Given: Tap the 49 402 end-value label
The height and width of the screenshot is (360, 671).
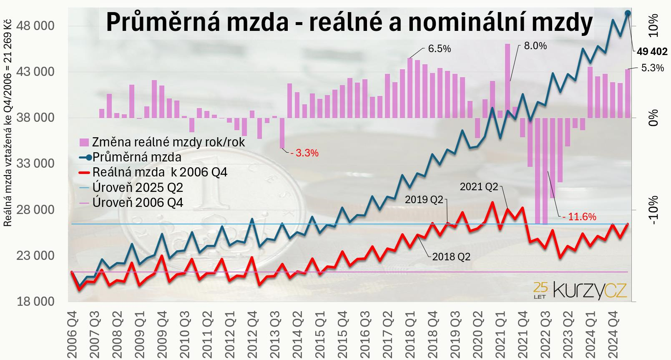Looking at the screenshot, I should [x=652, y=52].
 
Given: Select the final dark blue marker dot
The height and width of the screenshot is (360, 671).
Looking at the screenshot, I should [x=628, y=13].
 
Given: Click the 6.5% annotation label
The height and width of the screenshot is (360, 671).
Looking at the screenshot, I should [x=440, y=49].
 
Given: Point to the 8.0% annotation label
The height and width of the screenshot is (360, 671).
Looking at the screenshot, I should [x=535, y=46].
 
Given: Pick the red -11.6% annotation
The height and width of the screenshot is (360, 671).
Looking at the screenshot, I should [x=579, y=217].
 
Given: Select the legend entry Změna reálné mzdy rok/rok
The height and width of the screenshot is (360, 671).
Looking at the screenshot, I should [x=168, y=142].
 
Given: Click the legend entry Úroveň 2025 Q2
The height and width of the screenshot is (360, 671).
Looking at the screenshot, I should [x=138, y=187].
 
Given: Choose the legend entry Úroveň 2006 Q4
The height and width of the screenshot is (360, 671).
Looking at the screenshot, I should [x=138, y=203].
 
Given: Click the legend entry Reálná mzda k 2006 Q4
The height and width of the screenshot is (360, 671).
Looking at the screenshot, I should [x=160, y=172].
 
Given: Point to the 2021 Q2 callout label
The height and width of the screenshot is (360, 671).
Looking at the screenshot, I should [x=479, y=187].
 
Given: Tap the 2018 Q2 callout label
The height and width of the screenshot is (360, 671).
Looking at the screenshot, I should [x=451, y=257].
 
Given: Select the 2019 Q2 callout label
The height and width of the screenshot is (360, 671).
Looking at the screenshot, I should [x=424, y=199].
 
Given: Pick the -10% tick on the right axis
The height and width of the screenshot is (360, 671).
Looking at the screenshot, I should [x=653, y=210].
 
